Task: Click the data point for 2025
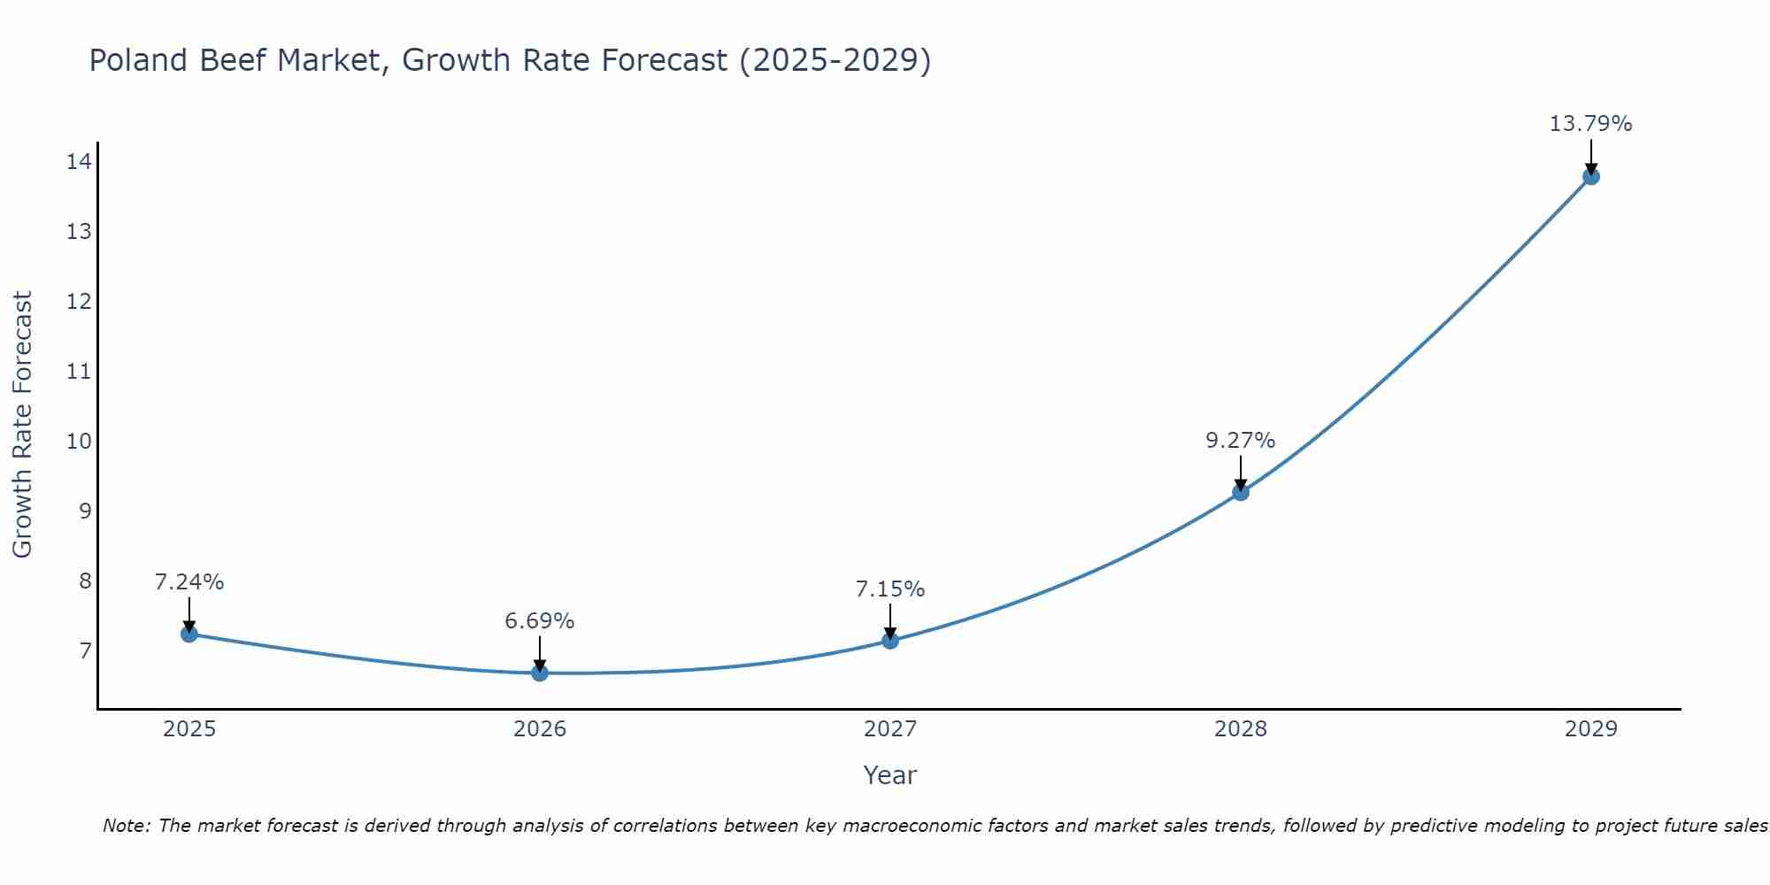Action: coord(189,634)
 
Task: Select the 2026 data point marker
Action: coord(539,673)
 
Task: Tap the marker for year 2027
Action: coord(890,640)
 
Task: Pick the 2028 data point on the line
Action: coord(1241,492)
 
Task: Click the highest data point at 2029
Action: coord(1590,176)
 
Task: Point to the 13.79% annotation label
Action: coord(1590,124)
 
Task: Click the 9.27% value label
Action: coord(1241,440)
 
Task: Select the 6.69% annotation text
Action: coord(539,621)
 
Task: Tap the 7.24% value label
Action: coord(189,581)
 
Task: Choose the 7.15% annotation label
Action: coord(890,589)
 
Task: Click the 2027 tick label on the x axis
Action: coord(890,729)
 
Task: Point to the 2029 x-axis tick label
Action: coord(1590,729)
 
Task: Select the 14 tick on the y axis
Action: coord(80,161)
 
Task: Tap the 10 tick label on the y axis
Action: coord(80,441)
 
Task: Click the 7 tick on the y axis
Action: coord(85,651)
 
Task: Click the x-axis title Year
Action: coord(889,775)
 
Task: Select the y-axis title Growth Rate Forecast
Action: coord(22,424)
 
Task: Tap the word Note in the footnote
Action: coord(126,826)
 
